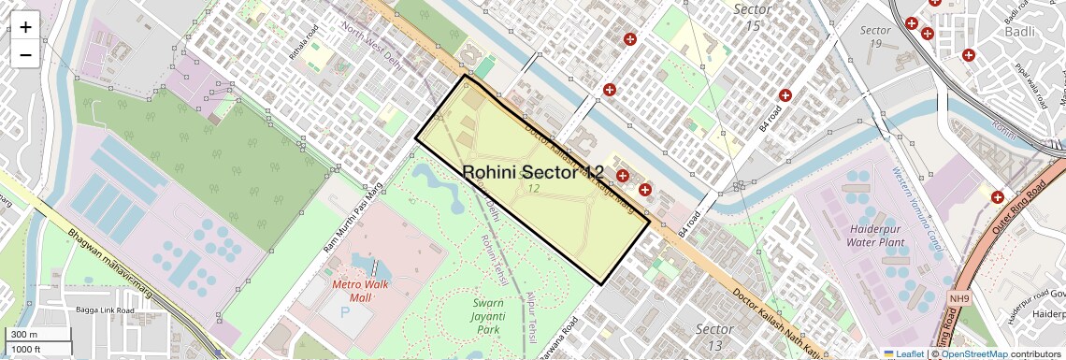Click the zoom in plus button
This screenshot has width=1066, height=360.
coord(25,27)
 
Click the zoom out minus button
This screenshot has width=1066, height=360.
coord(25,54)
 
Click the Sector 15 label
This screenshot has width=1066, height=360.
coord(754,17)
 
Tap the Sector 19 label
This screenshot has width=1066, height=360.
coord(875,36)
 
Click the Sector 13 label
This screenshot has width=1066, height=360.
coord(714,338)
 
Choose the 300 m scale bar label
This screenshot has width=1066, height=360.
coord(23,335)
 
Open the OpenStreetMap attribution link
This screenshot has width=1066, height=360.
coord(974,353)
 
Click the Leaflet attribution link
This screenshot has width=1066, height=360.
coord(903,353)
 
